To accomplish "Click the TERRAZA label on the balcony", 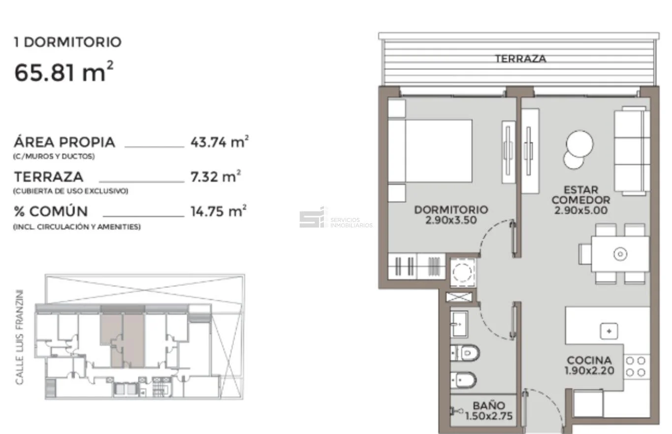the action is [x=520, y=59].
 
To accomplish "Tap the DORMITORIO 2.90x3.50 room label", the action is [x=451, y=215].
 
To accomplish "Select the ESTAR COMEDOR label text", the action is [x=581, y=195].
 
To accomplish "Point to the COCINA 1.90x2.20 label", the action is [x=589, y=365].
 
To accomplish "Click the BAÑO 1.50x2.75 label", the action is [x=489, y=411].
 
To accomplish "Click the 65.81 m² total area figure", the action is [x=64, y=72].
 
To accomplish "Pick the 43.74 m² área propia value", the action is [x=220, y=142].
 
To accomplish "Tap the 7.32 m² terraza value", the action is [x=216, y=176].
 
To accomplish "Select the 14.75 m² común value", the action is [x=219, y=211].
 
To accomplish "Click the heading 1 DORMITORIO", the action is [x=68, y=42].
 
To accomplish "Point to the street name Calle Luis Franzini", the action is [x=19, y=337].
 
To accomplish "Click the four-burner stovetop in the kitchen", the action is [x=636, y=367].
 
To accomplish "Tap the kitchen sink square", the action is [x=609, y=331].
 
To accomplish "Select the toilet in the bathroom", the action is [x=465, y=353].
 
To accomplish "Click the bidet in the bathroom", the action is [x=463, y=380].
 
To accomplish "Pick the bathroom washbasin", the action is [x=459, y=324].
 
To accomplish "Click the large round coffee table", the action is [x=579, y=144].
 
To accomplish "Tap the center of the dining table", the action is [x=620, y=254].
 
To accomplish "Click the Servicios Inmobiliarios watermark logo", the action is [x=336, y=218].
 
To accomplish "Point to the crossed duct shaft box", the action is [x=459, y=297].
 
